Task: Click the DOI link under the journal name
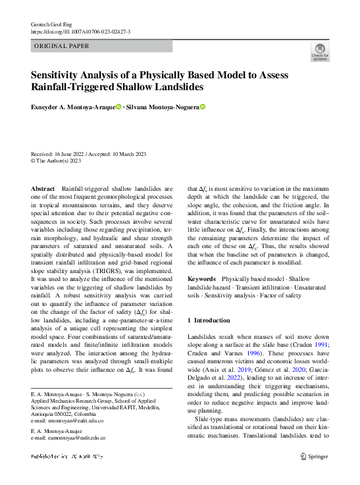(x=80, y=32)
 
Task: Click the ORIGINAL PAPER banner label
(x=61, y=46)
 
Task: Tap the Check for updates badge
(x=320, y=53)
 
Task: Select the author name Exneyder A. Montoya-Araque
(x=72, y=107)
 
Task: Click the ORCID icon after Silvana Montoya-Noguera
(x=203, y=107)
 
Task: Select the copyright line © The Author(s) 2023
(x=57, y=159)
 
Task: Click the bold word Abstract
(x=43, y=189)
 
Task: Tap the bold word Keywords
(x=201, y=279)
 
